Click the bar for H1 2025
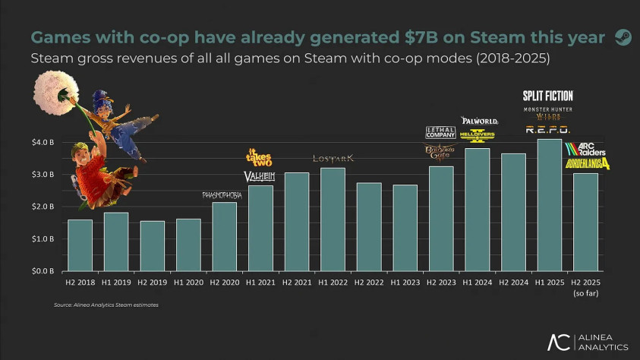(550, 205)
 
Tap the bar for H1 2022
(333, 219)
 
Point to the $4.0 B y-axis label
(42, 143)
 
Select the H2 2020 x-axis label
(224, 283)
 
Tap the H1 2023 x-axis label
(405, 283)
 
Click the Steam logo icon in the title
(623, 37)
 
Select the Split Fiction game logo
(547, 96)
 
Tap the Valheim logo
(259, 176)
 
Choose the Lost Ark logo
(333, 159)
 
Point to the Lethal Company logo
(440, 133)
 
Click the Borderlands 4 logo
(587, 163)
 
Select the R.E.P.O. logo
(547, 130)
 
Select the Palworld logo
(479, 121)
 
